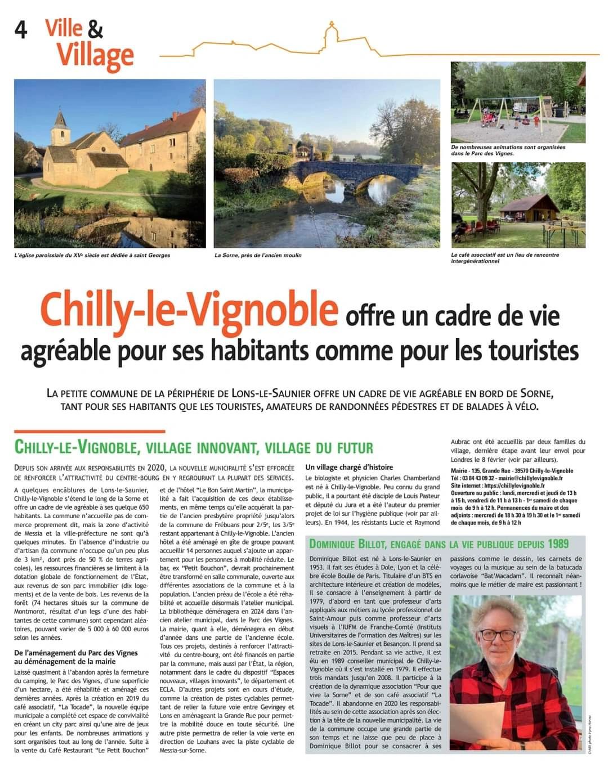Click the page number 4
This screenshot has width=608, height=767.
point(21,30)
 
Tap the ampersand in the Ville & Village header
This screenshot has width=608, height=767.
point(95,29)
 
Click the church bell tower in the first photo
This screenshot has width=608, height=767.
point(59,128)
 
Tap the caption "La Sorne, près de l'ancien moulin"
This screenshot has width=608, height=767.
point(258,255)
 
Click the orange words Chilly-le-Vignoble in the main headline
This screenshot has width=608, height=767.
point(189,309)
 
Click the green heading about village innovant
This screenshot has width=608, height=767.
point(194,448)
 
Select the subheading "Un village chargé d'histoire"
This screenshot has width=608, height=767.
point(349,467)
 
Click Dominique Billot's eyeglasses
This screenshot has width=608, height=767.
point(499,635)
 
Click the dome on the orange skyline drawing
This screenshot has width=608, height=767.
point(331,30)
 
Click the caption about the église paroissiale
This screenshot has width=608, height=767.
point(92,255)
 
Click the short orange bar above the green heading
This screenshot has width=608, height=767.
point(90,431)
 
